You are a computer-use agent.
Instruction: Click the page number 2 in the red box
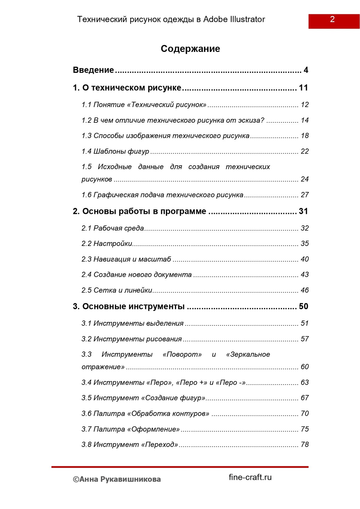(332, 19)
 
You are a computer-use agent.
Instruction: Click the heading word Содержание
(190, 49)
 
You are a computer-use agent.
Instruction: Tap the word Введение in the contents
(93, 70)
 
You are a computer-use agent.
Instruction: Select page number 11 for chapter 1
(303, 88)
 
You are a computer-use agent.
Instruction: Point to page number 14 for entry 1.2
(304, 120)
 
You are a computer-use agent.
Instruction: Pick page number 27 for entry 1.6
(304, 195)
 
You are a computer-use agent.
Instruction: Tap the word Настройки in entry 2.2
(113, 244)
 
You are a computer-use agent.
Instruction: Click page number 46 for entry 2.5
(304, 290)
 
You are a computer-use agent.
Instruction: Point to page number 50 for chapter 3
(303, 306)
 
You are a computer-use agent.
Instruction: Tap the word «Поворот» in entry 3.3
(182, 355)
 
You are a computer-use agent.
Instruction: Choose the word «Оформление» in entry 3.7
(154, 429)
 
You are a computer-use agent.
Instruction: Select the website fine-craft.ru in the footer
(250, 477)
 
